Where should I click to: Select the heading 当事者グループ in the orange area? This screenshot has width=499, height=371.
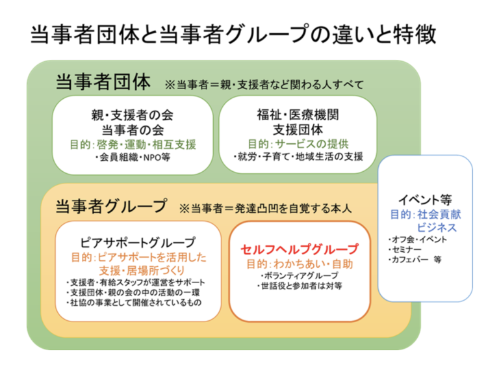point(112,206)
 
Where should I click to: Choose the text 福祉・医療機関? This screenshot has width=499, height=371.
point(298,116)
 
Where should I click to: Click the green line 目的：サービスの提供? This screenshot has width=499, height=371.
point(298,144)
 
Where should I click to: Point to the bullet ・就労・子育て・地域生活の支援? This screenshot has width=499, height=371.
point(298,158)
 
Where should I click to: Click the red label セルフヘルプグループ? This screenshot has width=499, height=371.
point(299,249)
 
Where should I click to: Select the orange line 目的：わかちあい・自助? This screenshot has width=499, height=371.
point(299,264)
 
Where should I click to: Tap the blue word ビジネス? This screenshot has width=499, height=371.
point(437,228)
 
